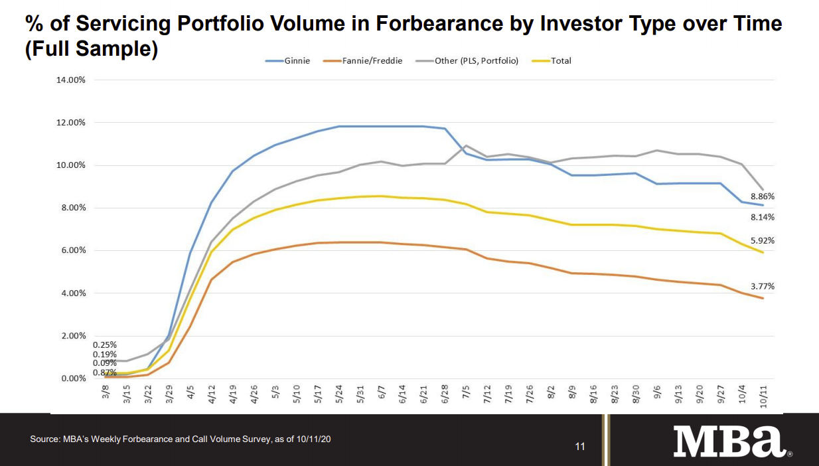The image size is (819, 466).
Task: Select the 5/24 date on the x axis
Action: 338,396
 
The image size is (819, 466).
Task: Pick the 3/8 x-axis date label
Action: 106,394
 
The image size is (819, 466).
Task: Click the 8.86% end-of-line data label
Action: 763,196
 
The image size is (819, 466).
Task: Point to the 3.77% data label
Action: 763,287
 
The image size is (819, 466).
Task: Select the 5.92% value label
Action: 763,241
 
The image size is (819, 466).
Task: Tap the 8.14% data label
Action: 763,217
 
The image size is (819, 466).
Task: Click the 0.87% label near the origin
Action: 105,373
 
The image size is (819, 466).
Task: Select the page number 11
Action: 580,447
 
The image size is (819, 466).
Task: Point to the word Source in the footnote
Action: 44,439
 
